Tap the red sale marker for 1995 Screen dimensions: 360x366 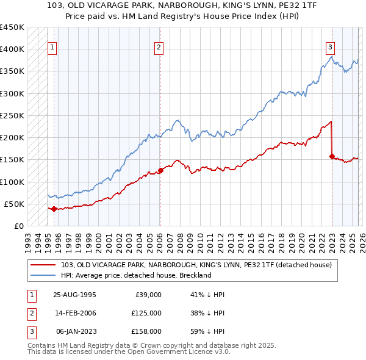click(54, 209)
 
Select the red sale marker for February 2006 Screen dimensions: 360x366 click(160, 170)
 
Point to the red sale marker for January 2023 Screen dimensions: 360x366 click(332, 156)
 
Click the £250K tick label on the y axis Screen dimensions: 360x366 click(12, 115)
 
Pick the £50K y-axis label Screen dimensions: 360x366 click(15, 204)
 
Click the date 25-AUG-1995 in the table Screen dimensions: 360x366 click(74, 295)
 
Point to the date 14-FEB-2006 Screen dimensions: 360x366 click(74, 312)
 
